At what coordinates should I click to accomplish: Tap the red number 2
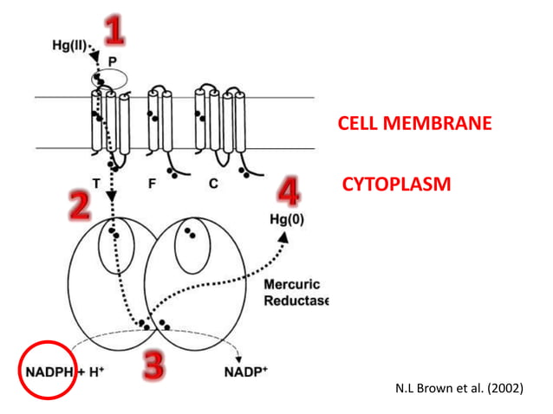click(x=81, y=205)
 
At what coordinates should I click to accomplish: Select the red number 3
click(x=154, y=365)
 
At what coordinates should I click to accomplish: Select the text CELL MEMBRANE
click(x=414, y=124)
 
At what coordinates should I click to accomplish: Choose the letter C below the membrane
click(x=212, y=184)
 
